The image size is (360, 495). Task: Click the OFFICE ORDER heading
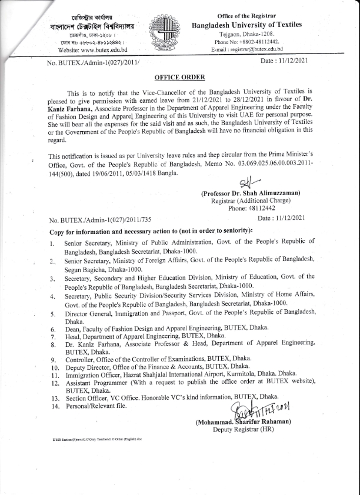pos(179,77)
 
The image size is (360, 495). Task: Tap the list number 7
pos(52,336)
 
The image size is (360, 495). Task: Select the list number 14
pos(54,406)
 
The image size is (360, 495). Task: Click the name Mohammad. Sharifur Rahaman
pos(242,422)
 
